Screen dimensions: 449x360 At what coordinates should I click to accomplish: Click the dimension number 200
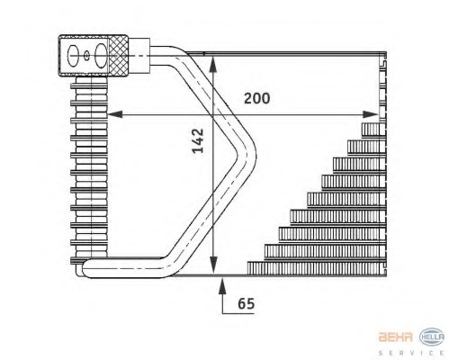click(x=256, y=98)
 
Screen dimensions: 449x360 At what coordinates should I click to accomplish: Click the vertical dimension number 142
click(x=198, y=140)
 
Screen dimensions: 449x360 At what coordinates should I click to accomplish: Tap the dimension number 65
click(x=246, y=303)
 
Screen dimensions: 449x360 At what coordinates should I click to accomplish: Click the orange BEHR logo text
click(x=395, y=337)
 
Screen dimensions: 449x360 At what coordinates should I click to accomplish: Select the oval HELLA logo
click(x=432, y=337)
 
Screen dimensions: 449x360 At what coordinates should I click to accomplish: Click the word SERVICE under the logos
click(x=411, y=353)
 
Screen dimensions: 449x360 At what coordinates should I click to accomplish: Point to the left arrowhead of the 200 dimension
click(x=114, y=114)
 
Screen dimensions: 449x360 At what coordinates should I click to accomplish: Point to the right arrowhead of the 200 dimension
click(x=371, y=114)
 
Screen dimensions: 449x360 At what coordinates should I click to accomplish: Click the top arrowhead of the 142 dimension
click(x=212, y=64)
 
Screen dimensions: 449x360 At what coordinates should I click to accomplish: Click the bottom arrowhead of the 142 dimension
click(x=212, y=265)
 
